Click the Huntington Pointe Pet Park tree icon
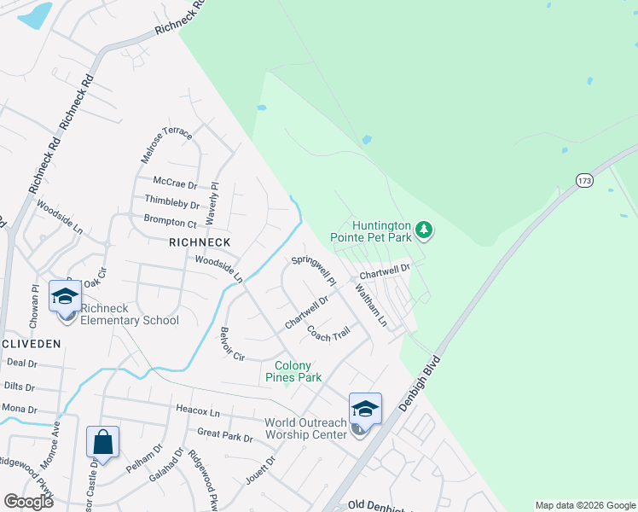click(425, 230)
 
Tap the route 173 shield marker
click(584, 181)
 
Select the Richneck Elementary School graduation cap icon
click(65, 297)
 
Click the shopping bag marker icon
click(102, 443)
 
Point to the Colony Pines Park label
click(293, 371)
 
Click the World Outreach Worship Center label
click(305, 428)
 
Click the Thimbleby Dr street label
click(172, 205)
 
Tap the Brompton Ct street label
click(171, 224)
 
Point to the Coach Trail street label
click(328, 333)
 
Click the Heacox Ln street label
click(198, 413)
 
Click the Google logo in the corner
click(28, 502)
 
